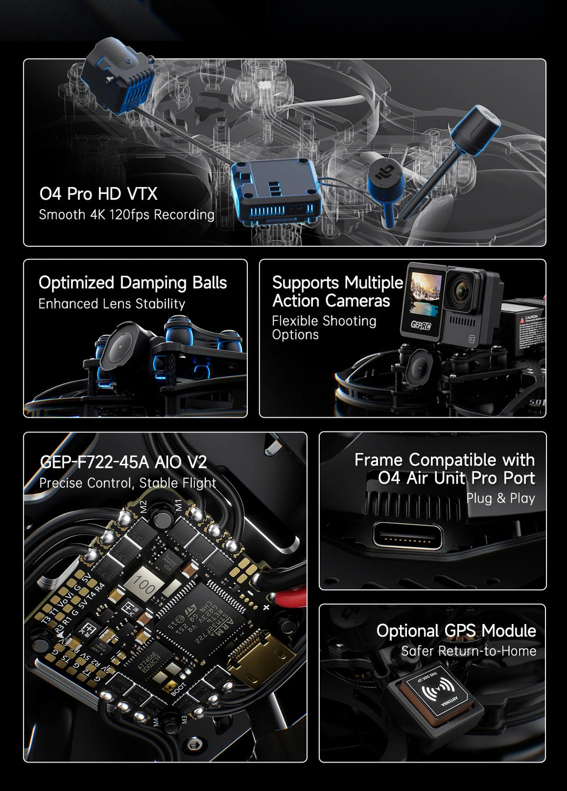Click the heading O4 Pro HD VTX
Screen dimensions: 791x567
[x=98, y=194]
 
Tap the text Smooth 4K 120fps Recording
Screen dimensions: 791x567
[x=127, y=215]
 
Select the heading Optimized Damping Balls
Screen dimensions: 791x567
[x=132, y=283]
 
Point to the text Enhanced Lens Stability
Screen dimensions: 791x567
[x=112, y=304]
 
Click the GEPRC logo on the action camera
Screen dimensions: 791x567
[x=421, y=325]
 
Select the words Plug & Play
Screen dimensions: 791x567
[x=500, y=498]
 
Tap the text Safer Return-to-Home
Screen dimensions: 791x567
[x=468, y=651]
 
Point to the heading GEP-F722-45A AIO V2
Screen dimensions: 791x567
[x=123, y=462]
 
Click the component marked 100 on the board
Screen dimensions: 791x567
[x=143, y=583]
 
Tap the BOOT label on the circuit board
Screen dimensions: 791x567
[x=179, y=688]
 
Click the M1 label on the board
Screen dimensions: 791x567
[x=178, y=505]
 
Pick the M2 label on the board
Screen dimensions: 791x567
[x=143, y=507]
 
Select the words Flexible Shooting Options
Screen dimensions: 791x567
[x=324, y=328]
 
